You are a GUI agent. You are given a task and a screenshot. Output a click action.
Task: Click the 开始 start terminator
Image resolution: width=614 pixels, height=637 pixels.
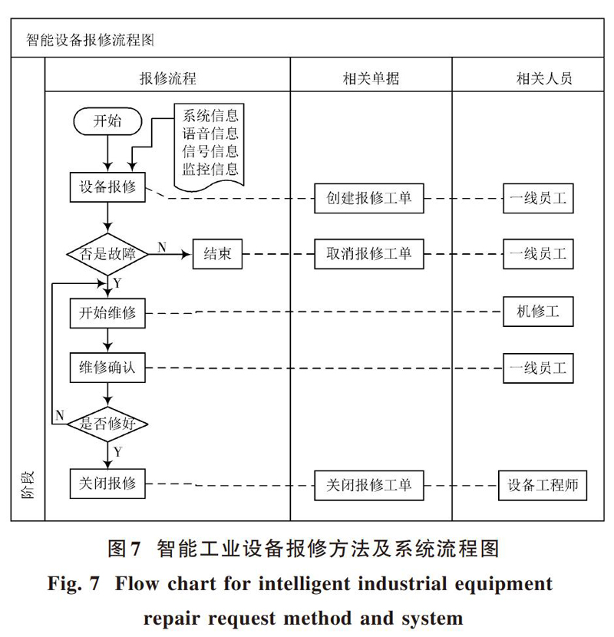click(x=107, y=121)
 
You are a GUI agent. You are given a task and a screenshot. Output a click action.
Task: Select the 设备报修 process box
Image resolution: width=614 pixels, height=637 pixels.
click(x=107, y=187)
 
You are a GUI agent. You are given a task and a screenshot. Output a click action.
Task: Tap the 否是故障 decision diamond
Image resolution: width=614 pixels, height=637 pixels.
click(x=107, y=254)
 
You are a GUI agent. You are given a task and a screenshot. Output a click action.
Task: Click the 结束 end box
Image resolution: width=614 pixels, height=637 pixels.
click(x=217, y=254)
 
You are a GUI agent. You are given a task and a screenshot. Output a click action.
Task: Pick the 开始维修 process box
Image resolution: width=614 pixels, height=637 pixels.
click(x=107, y=313)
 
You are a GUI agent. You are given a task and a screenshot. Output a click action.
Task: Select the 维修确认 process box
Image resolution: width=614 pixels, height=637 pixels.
click(x=107, y=368)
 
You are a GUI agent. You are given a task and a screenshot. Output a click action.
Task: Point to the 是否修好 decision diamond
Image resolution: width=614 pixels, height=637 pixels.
click(x=107, y=424)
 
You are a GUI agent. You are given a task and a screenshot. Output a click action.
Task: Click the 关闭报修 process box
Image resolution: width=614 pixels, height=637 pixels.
click(x=107, y=484)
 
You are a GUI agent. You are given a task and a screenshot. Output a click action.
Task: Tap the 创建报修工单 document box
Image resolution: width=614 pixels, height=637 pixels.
click(x=369, y=198)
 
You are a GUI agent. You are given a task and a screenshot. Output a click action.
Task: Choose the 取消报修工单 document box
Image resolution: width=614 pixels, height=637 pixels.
click(x=369, y=254)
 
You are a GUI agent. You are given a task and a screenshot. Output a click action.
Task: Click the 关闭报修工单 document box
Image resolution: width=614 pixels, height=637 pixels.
click(x=369, y=486)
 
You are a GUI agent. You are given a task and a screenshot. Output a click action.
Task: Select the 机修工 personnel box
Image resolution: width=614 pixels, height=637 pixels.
click(x=538, y=312)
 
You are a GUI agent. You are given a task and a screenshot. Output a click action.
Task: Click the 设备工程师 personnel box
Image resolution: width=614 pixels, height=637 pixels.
click(x=543, y=486)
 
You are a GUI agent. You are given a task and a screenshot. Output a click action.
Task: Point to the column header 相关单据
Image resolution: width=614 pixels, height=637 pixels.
click(x=371, y=78)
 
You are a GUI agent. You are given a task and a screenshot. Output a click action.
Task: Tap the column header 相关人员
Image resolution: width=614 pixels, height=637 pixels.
click(x=544, y=78)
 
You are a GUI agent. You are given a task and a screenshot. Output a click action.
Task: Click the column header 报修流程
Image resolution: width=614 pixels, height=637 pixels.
click(x=168, y=78)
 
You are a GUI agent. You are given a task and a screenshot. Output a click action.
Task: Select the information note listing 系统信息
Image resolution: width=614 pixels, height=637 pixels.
click(x=210, y=147)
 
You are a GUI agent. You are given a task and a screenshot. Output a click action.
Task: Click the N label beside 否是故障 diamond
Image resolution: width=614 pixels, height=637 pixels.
click(x=162, y=247)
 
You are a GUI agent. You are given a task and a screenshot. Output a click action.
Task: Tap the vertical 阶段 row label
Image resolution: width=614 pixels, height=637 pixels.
click(x=28, y=485)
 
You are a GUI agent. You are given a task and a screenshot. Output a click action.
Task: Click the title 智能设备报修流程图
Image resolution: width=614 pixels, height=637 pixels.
click(x=90, y=40)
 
